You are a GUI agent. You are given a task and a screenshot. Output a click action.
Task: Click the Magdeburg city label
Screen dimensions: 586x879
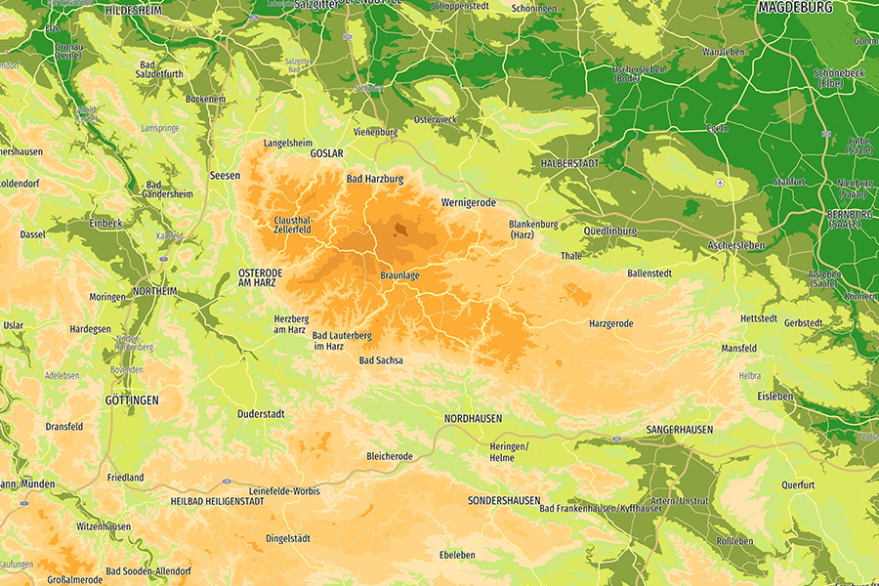pos(795,8)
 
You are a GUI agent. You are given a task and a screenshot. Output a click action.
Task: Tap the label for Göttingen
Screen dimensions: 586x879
pos(131,400)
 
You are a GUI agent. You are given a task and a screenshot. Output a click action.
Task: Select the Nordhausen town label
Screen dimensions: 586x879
pos(473,418)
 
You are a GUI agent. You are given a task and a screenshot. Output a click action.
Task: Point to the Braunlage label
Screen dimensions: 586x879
pos(399,276)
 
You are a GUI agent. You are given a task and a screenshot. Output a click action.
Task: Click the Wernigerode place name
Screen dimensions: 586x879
pos(469,202)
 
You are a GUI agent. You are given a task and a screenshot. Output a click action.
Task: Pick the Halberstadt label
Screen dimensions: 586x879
pos(569,163)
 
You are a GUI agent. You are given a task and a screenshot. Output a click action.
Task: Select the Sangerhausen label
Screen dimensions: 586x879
pos(680,430)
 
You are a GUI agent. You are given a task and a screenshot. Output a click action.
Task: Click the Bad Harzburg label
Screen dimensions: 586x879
pos(375,180)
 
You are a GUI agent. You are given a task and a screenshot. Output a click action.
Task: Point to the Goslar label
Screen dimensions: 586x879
pos(326,154)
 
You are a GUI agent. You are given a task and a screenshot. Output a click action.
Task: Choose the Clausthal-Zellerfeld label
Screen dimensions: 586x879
pos(293,225)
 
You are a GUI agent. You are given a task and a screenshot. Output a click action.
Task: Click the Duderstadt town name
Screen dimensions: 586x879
pos(261,414)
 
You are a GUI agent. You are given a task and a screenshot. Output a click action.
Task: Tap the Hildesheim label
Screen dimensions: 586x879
pos(134,10)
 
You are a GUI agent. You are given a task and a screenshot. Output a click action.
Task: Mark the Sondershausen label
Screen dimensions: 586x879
pos(504,501)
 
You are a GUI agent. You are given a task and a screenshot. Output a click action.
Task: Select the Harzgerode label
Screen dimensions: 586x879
pos(611,323)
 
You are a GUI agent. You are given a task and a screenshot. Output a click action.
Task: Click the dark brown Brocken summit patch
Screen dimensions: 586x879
pos(400,230)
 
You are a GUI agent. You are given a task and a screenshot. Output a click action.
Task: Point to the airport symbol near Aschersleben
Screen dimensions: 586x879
pos(720,183)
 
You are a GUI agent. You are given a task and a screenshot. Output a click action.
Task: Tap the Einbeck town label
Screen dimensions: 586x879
pos(105,224)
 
